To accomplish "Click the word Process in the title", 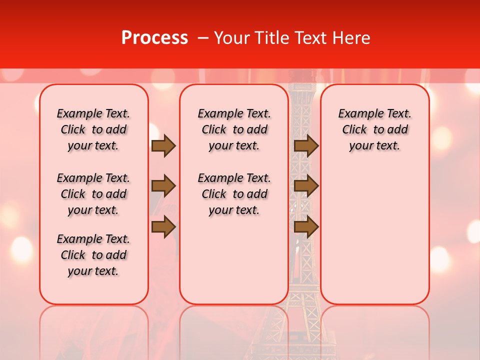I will [154, 38].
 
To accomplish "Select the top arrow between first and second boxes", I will [163, 146].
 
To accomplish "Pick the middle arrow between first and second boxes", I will [163, 186].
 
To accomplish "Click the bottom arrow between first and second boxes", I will [163, 227].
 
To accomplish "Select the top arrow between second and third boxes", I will [306, 146].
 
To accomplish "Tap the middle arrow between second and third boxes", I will [306, 186].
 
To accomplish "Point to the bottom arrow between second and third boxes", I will [306, 227].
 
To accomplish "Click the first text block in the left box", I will [93, 129].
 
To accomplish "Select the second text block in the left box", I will [93, 194].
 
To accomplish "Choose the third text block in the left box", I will [93, 255].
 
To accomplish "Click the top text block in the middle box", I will [234, 129].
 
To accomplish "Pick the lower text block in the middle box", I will [234, 194].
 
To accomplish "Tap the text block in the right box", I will [374, 129].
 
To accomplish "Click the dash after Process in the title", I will [203, 38].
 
